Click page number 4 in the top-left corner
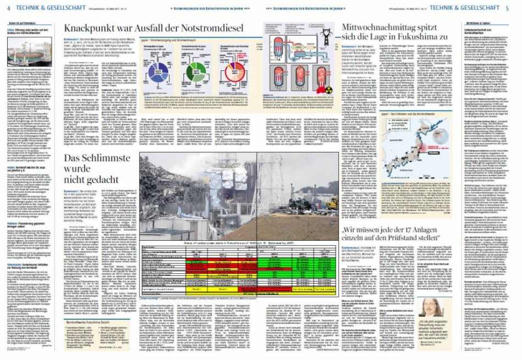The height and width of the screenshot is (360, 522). point(9,7)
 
